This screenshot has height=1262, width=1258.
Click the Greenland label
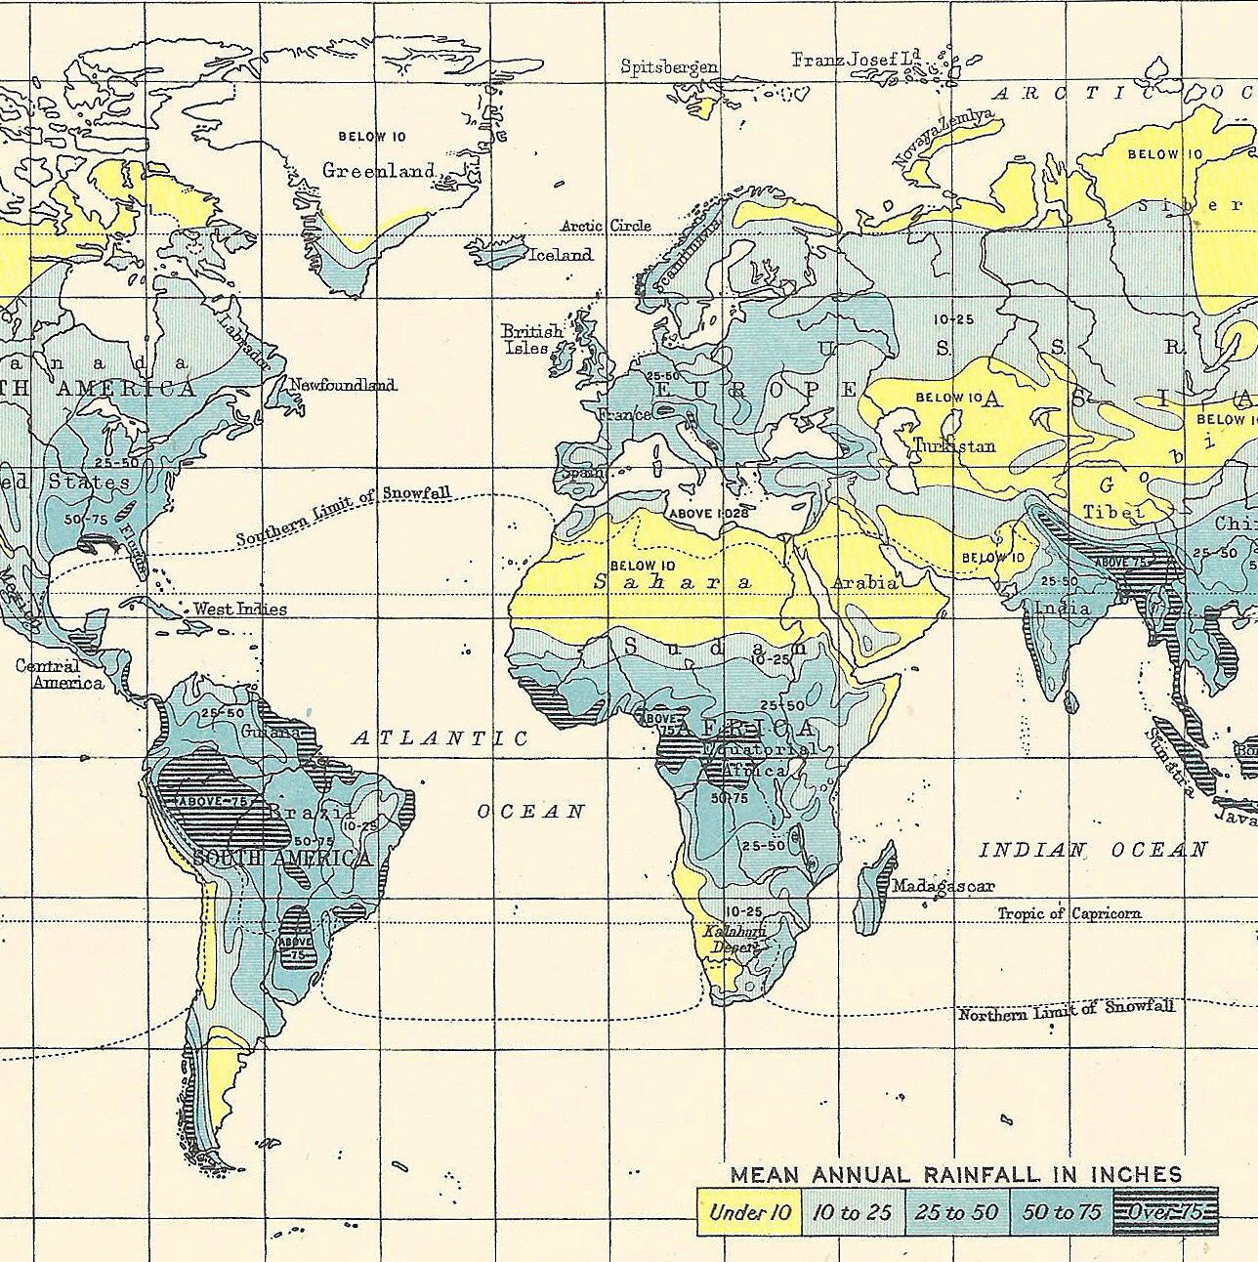pyautogui.click(x=378, y=170)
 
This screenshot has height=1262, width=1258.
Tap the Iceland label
pyautogui.click(x=560, y=255)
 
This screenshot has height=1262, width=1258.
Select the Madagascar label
pyautogui.click(x=943, y=886)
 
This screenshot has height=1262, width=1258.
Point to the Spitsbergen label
pyautogui.click(x=669, y=66)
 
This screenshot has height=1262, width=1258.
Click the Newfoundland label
pyautogui.click(x=343, y=385)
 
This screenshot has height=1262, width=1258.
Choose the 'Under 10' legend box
pyautogui.click(x=749, y=1212)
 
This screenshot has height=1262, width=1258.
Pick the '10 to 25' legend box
pyautogui.click(x=853, y=1212)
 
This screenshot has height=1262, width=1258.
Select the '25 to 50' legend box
pyautogui.click(x=957, y=1212)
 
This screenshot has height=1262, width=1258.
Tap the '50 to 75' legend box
pyautogui.click(x=1062, y=1212)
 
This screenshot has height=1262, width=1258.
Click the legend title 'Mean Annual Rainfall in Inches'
pyautogui.click(x=956, y=1175)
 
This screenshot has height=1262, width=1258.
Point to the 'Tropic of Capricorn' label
pyautogui.click(x=1069, y=913)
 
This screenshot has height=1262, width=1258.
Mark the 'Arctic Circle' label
pyautogui.click(x=606, y=226)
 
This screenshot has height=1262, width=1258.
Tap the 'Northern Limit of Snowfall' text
pyautogui.click(x=1066, y=1012)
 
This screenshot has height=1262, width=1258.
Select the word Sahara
pyautogui.click(x=674, y=582)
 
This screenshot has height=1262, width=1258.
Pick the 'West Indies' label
pyautogui.click(x=239, y=609)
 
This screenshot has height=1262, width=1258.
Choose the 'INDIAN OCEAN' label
pyautogui.click(x=1093, y=850)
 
